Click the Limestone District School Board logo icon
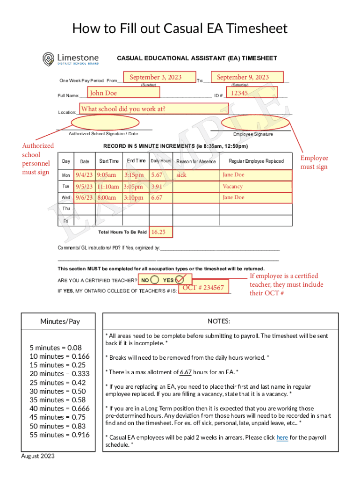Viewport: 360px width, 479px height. pos(49,59)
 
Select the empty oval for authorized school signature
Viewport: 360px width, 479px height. pos(105,123)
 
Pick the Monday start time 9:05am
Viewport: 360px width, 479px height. pos(107,175)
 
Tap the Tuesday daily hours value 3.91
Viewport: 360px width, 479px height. pos(157,186)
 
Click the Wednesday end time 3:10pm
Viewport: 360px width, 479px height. pos(134,197)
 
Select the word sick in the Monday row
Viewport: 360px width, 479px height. pos(181,175)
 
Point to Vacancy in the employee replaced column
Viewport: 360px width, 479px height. pos(233,186)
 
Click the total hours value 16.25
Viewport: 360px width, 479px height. pos(158,232)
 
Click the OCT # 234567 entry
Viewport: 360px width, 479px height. pos(203,288)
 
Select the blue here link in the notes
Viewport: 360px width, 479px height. pos(282,438)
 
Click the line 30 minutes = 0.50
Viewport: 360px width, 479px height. pos(58,391)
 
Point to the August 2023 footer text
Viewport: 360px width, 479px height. pos(38,456)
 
